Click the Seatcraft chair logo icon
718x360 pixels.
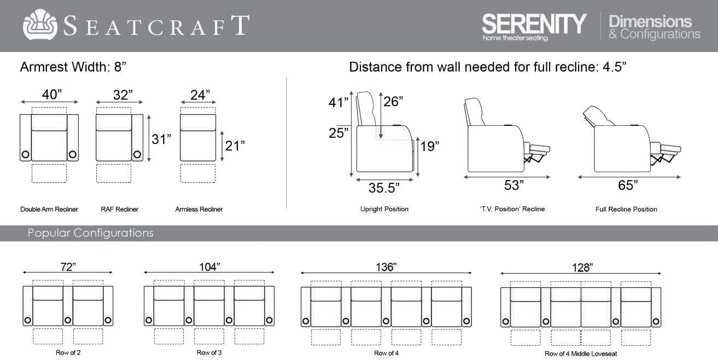point(40,25)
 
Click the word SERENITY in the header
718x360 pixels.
point(533,24)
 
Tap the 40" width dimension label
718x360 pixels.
point(52,95)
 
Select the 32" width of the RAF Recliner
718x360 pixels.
point(123,95)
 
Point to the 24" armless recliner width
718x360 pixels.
point(200,95)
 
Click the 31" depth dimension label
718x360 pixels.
point(161,139)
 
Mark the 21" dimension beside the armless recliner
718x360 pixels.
point(235,146)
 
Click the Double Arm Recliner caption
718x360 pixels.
point(49,209)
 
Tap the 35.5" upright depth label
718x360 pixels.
point(383,188)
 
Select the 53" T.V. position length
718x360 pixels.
point(513,185)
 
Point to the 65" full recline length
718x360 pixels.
point(628,185)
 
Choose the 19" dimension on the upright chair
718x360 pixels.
point(429,146)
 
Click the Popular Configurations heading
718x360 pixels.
point(90,233)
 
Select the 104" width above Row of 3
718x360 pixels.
point(209,266)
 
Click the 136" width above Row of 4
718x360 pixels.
point(386,267)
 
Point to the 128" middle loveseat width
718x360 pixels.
point(581,268)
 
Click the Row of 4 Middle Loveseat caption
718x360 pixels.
point(581,353)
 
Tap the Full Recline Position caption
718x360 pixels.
point(626,209)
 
